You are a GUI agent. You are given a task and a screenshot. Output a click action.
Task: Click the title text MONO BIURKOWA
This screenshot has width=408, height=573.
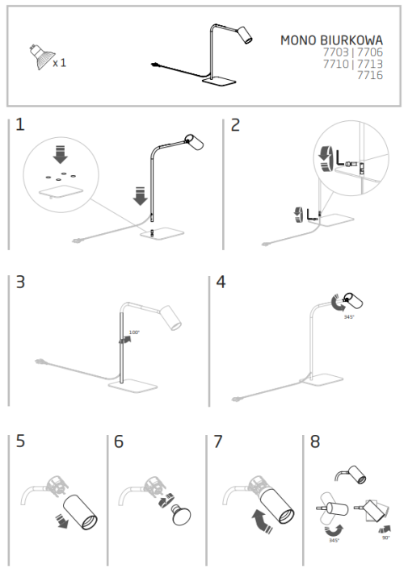(x=331, y=40)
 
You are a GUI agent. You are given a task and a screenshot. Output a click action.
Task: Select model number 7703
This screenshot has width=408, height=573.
(x=335, y=52)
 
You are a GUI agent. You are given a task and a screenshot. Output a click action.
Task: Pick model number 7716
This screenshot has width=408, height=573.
(x=370, y=75)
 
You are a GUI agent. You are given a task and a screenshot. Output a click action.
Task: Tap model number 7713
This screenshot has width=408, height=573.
(x=370, y=64)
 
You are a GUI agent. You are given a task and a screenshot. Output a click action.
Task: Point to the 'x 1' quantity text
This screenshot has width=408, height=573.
(x=60, y=63)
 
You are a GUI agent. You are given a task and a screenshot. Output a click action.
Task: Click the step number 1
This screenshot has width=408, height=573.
(x=20, y=124)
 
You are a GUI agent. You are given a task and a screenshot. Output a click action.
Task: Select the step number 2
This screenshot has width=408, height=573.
(x=235, y=125)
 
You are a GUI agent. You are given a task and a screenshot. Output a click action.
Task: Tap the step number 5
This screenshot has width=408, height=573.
(x=20, y=441)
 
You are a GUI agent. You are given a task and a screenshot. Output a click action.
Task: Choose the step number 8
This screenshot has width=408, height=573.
(x=315, y=441)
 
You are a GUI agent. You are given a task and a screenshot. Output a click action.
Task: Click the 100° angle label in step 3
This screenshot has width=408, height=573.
(x=134, y=333)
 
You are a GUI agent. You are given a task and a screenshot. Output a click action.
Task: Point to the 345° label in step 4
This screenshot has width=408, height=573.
(x=349, y=317)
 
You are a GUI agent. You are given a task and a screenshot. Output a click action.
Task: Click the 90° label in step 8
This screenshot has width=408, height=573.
(x=386, y=537)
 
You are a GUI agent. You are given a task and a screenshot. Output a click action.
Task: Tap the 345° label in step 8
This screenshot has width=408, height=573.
(x=334, y=540)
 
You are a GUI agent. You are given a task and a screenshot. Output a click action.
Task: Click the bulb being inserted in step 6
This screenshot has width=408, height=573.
(x=181, y=514)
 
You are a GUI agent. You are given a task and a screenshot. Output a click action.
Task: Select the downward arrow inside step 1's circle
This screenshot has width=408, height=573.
(x=61, y=154)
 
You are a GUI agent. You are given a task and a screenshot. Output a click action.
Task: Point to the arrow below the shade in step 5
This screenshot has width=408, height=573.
(x=61, y=521)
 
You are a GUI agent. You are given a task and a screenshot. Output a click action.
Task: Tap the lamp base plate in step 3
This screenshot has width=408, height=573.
(x=132, y=387)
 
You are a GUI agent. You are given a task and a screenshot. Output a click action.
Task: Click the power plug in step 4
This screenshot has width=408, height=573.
(x=236, y=399)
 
